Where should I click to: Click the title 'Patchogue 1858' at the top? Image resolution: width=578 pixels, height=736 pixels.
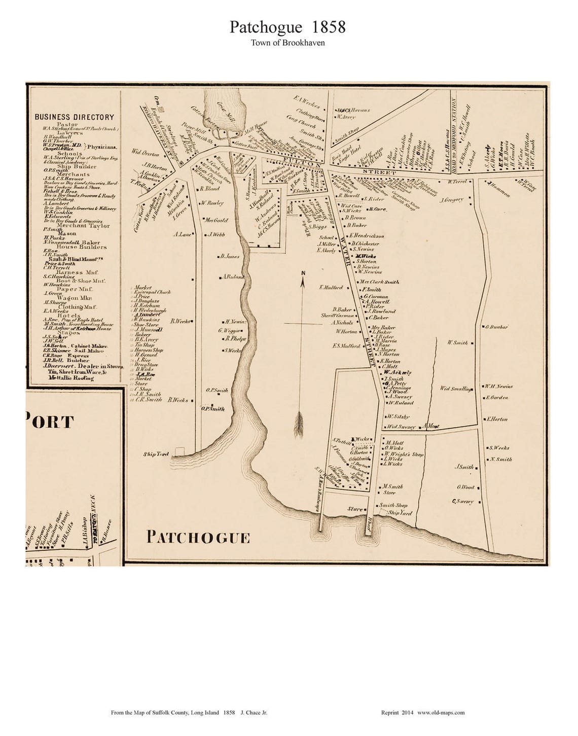(287, 27)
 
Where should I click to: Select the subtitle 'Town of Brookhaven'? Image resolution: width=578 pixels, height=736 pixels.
(287, 43)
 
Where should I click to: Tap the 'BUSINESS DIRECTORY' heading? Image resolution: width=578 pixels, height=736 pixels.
(75, 117)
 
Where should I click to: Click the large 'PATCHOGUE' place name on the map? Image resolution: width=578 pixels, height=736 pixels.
(198, 537)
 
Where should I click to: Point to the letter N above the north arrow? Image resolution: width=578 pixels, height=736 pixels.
(303, 274)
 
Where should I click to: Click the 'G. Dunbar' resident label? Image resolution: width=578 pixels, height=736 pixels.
(497, 327)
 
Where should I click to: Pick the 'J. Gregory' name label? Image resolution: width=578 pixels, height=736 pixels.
(452, 200)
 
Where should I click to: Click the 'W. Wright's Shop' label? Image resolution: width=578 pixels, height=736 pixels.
(404, 454)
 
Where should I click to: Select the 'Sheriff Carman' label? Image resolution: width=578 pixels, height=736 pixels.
(338, 316)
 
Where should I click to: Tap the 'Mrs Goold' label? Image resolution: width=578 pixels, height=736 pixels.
(216, 220)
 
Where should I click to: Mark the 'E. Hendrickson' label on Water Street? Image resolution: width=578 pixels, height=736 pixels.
(367, 236)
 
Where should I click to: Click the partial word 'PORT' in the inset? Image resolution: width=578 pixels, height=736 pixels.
(49, 422)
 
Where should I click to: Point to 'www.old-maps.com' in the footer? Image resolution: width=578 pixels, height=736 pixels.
(441, 713)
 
